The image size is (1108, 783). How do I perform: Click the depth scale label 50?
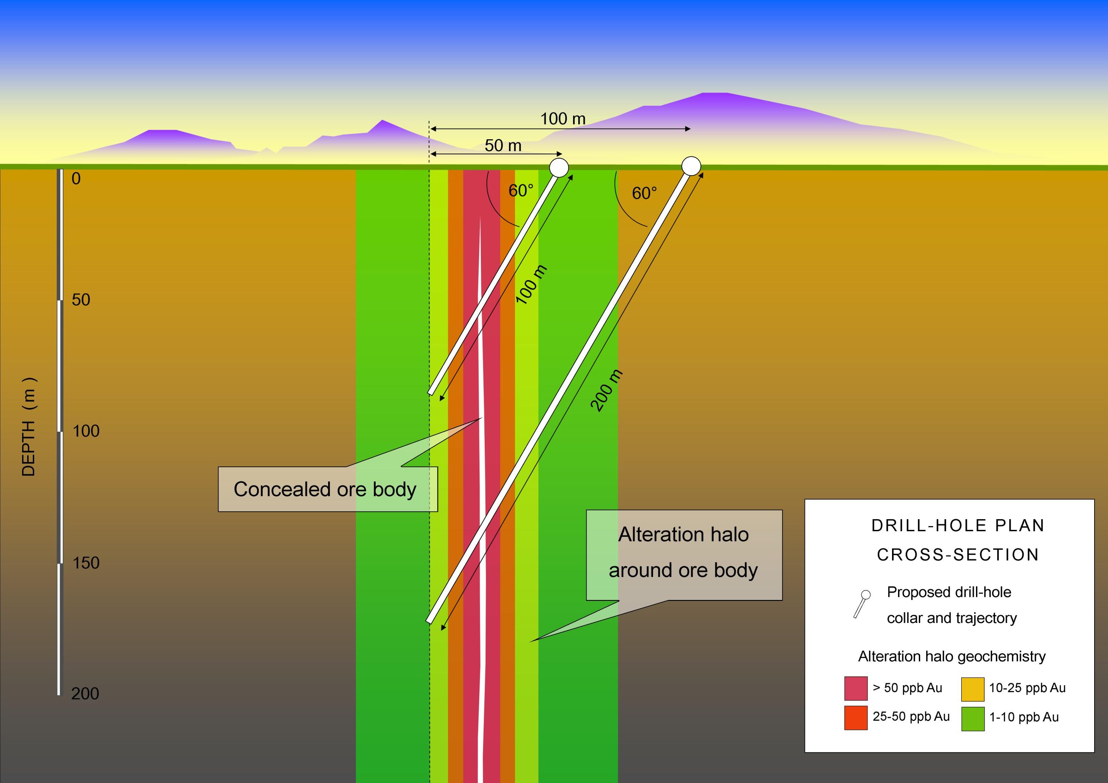click(81, 300)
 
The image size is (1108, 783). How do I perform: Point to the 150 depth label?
click(85, 562)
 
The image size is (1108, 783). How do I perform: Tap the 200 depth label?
click(85, 694)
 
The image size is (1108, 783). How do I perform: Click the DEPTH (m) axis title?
click(29, 427)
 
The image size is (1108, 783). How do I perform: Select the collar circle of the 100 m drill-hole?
click(559, 167)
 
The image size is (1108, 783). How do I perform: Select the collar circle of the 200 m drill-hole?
click(691, 166)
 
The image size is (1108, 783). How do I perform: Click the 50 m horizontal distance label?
click(502, 145)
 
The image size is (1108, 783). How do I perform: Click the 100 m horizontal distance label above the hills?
click(562, 119)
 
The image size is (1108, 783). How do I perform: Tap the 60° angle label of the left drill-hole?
click(521, 191)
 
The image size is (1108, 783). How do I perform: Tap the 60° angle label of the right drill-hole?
click(644, 193)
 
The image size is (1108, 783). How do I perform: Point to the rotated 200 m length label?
click(607, 390)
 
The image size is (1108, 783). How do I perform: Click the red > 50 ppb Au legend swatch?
click(856, 688)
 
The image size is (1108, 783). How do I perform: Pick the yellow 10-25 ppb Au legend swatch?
click(973, 689)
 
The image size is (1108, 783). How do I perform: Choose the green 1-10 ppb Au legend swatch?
click(973, 719)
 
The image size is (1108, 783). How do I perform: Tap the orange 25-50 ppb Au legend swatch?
click(856, 718)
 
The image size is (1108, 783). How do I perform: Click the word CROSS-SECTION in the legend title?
click(957, 555)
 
